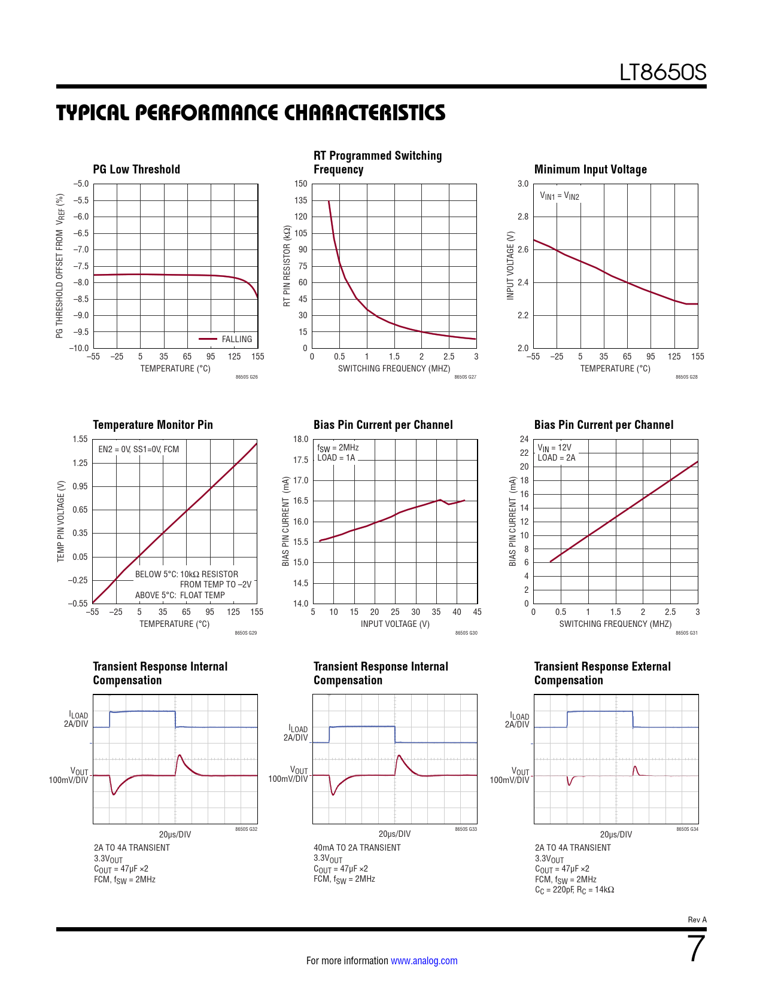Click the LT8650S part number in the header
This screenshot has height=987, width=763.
(662, 73)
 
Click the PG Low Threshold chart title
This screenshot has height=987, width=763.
(136, 169)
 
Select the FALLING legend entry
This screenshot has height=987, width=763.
(236, 339)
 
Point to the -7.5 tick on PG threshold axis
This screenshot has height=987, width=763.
(81, 266)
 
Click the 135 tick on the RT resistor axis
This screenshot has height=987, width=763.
(300, 200)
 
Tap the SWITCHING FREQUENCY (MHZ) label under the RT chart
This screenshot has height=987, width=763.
(394, 368)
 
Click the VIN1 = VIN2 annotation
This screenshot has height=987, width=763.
(560, 196)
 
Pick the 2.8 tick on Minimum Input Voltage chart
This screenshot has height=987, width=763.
(523, 217)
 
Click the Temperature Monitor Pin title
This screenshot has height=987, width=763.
(153, 425)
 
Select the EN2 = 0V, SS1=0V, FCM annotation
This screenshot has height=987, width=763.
(138, 449)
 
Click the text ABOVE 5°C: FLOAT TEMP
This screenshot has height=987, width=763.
(180, 595)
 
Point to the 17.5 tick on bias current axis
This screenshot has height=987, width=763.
(300, 460)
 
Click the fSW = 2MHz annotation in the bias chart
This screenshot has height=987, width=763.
(338, 447)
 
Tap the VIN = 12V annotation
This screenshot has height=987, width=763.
(554, 447)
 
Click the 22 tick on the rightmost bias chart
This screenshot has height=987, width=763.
(524, 453)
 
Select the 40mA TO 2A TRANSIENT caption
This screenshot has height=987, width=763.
(357, 848)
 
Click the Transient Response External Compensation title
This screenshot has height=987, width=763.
(602, 673)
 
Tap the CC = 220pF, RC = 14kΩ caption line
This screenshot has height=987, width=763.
(574, 889)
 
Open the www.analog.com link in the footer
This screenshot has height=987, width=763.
(424, 961)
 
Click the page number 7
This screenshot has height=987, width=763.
(697, 949)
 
